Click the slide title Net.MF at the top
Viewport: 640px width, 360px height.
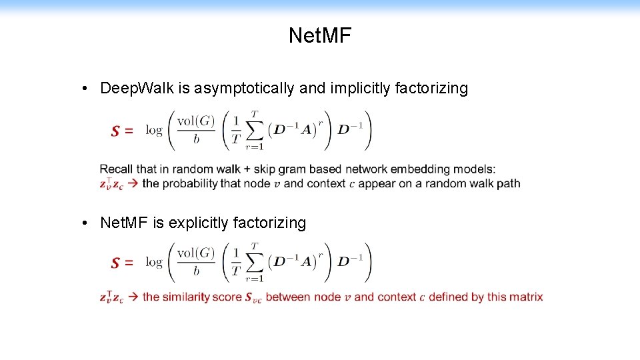click(319, 35)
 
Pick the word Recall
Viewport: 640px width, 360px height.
click(116, 169)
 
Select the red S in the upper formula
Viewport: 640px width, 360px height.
click(116, 131)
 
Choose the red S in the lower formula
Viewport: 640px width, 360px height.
click(116, 263)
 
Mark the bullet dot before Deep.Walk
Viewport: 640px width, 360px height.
click(86, 89)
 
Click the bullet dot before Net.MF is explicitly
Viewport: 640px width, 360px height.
click(86, 223)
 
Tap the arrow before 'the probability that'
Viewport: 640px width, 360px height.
click(132, 183)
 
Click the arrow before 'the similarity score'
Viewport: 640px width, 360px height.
click(132, 297)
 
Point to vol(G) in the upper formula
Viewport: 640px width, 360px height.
click(196, 122)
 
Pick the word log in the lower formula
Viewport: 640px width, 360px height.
click(154, 263)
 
